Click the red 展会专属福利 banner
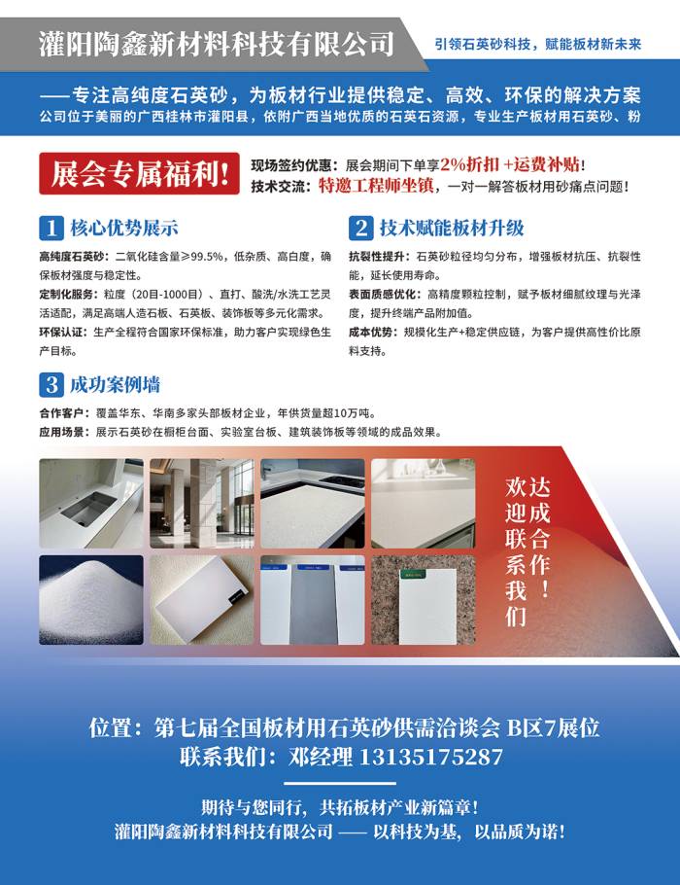[x=139, y=173]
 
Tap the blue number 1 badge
[x=51, y=228]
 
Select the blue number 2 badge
[x=360, y=228]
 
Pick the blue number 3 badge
[x=51, y=384]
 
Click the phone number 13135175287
[x=430, y=757]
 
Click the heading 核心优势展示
[x=124, y=228]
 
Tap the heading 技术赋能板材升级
[x=452, y=228]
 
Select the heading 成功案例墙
[x=115, y=384]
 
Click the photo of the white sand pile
[x=90, y=599]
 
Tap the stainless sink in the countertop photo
[x=89, y=508]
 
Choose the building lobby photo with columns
[x=201, y=504]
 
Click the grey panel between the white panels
[x=313, y=604]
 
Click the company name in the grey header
[x=217, y=44]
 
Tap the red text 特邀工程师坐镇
[x=376, y=186]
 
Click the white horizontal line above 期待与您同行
[x=340, y=784]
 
